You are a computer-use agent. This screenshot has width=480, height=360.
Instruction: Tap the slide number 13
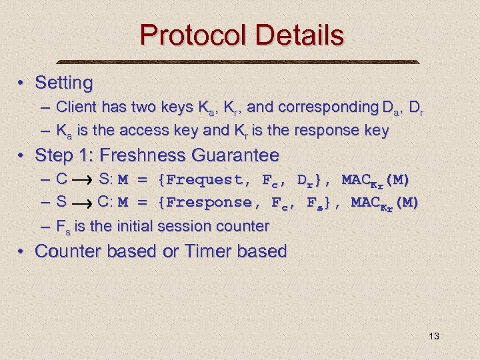(434, 336)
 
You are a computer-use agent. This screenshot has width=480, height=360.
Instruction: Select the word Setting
(63, 83)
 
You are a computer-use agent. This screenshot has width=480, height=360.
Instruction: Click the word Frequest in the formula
(201, 180)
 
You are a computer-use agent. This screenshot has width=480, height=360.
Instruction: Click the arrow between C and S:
(83, 180)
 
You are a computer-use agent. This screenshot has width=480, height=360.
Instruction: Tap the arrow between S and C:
(81, 203)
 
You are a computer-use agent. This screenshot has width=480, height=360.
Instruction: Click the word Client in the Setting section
(75, 107)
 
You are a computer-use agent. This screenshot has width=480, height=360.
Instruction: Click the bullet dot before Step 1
(22, 156)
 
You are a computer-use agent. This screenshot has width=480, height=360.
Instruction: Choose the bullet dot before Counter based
(22, 252)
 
